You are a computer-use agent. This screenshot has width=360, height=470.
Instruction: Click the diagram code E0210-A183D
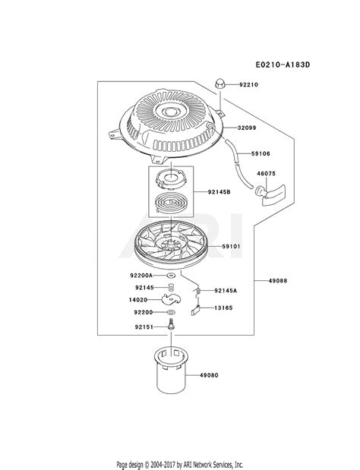[283, 65]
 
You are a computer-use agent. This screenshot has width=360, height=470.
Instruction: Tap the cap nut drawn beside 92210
[219, 84]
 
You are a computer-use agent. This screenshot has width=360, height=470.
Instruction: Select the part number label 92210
[248, 84]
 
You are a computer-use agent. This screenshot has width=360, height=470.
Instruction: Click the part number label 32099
[247, 128]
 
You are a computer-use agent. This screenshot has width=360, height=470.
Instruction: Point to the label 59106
[261, 153]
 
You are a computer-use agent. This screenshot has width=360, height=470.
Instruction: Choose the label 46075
[266, 174]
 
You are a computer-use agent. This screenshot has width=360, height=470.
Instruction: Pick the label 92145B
[219, 192]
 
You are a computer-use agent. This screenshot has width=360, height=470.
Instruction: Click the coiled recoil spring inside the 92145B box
[171, 203]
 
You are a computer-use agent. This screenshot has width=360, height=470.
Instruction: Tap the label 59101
[231, 247]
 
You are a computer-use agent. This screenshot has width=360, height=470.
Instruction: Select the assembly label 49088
[277, 281]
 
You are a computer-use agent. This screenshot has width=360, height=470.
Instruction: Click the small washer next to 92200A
[171, 275]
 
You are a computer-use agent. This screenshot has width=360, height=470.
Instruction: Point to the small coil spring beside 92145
[171, 287]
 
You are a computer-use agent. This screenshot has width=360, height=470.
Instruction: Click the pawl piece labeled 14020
[171, 300]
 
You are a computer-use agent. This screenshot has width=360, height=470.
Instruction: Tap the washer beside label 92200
[171, 312]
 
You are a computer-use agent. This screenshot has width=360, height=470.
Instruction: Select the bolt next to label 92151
[171, 325]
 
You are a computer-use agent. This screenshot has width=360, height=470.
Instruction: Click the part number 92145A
[226, 291]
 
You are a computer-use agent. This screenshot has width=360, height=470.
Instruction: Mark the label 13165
[223, 308]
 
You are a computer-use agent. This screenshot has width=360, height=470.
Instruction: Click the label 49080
[209, 375]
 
